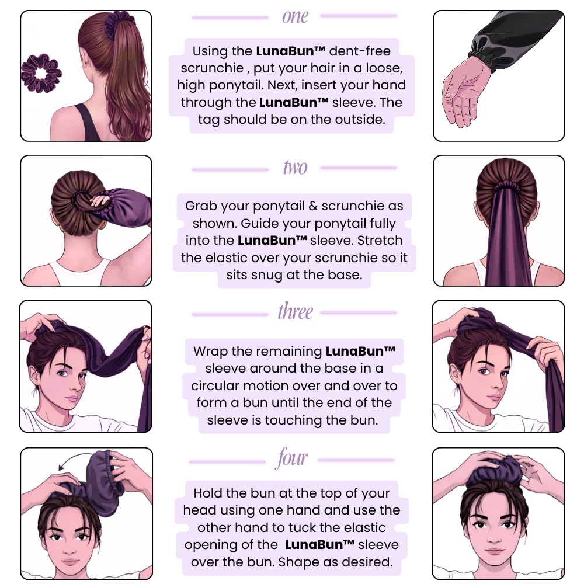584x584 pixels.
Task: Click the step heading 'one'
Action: point(295,17)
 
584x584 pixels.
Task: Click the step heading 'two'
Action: point(296,168)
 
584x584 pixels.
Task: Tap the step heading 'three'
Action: point(295,311)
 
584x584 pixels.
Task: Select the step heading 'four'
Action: point(291,458)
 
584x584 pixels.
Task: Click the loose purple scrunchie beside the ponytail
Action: point(41,74)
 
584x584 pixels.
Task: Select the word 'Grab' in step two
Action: point(200,206)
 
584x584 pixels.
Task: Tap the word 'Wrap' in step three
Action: point(210,351)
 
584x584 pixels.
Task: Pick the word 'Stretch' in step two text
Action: point(380,240)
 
